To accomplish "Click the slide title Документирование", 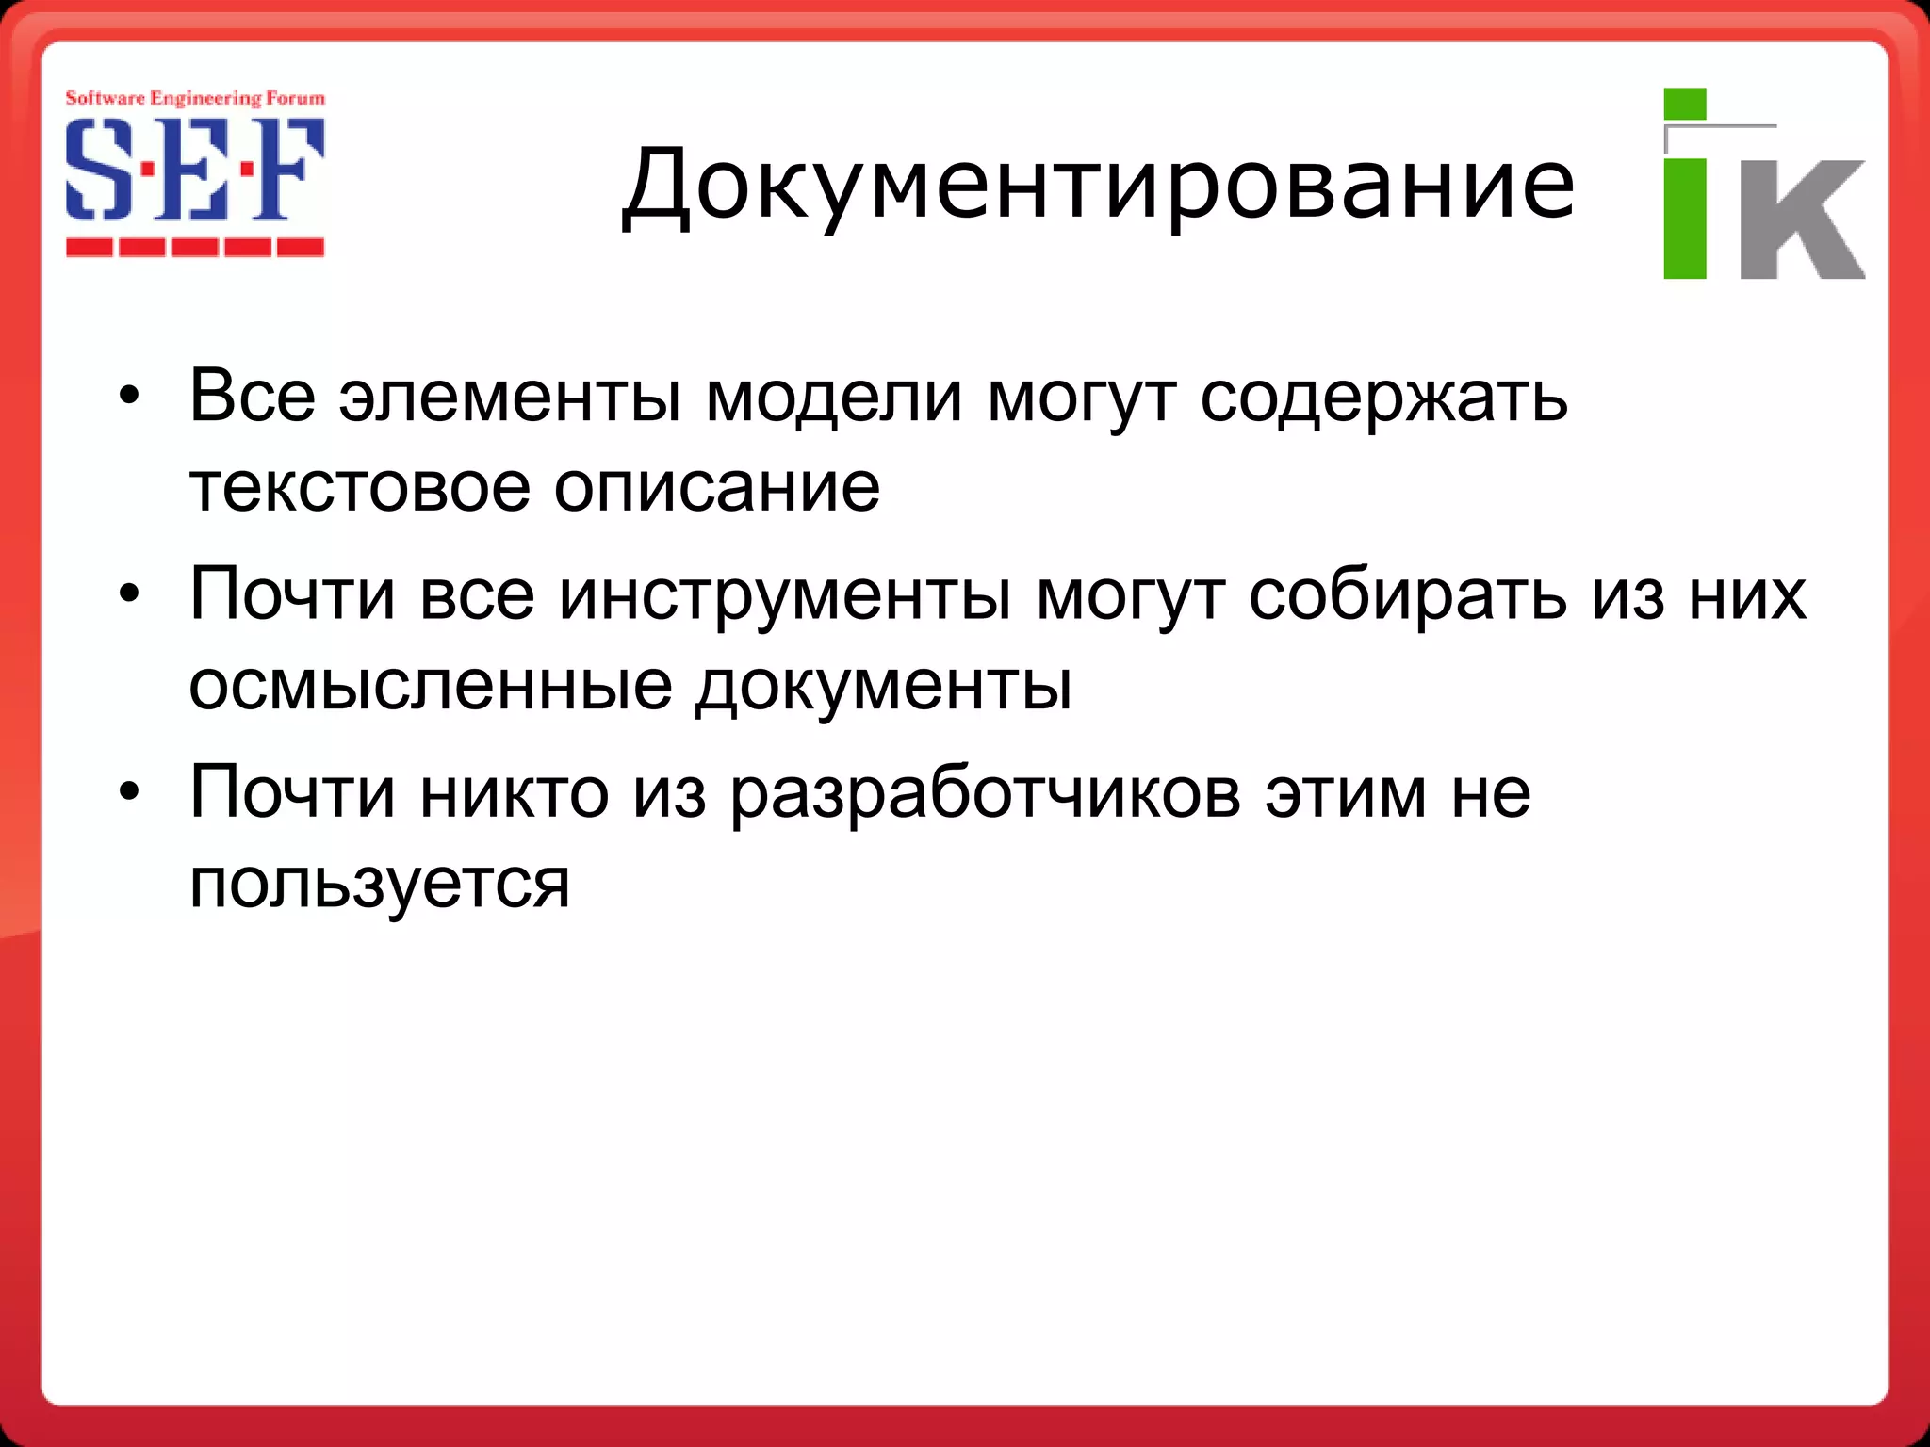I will coord(1098,185).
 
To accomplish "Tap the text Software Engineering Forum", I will coord(195,98).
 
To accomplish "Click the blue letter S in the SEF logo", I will coord(98,170).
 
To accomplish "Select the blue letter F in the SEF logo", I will coord(287,170).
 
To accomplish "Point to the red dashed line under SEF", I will coord(195,248).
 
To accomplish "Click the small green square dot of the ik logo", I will coord(1685,105).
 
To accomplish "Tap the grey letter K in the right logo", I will coord(1801,219).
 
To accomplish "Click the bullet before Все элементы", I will coord(129,397).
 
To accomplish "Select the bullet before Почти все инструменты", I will coord(129,594).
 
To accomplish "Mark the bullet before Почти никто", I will coord(129,792).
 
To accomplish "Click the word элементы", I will coord(510,397).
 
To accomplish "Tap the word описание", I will coord(716,487).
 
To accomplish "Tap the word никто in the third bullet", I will coord(514,792).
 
